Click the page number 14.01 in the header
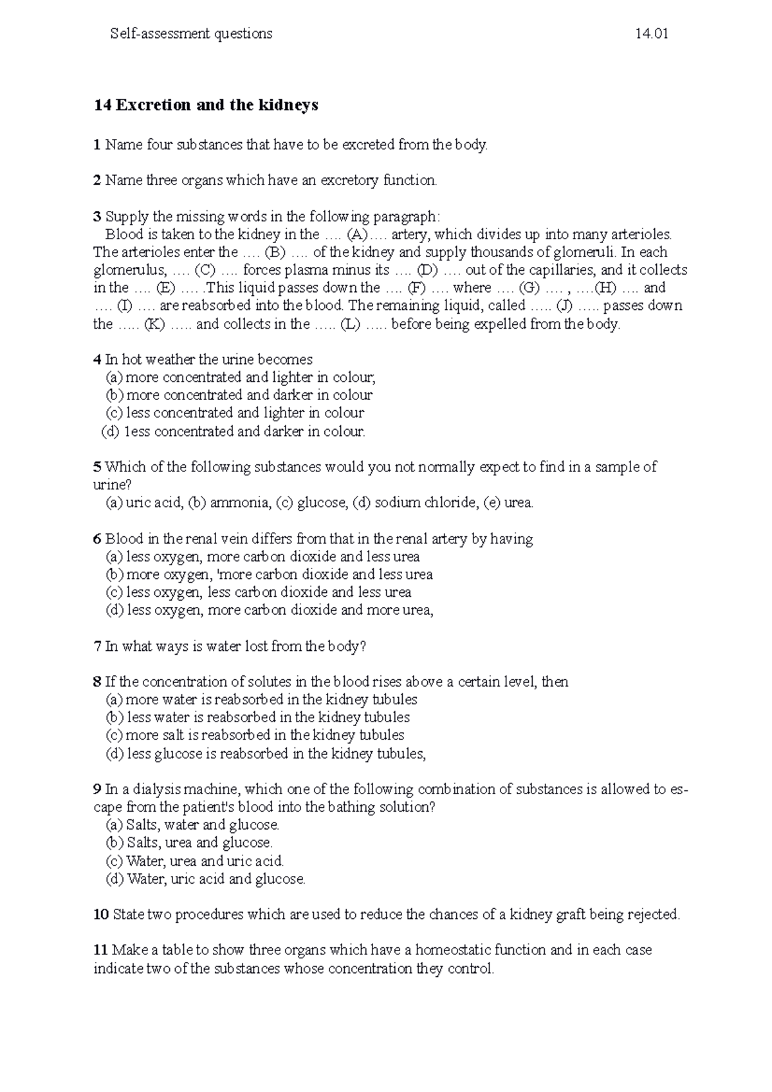pos(651,34)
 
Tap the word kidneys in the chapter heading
pos(288,105)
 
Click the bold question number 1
pos(97,145)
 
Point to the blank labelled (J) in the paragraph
pos(567,305)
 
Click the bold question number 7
pos(97,646)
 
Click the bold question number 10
pos(101,915)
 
